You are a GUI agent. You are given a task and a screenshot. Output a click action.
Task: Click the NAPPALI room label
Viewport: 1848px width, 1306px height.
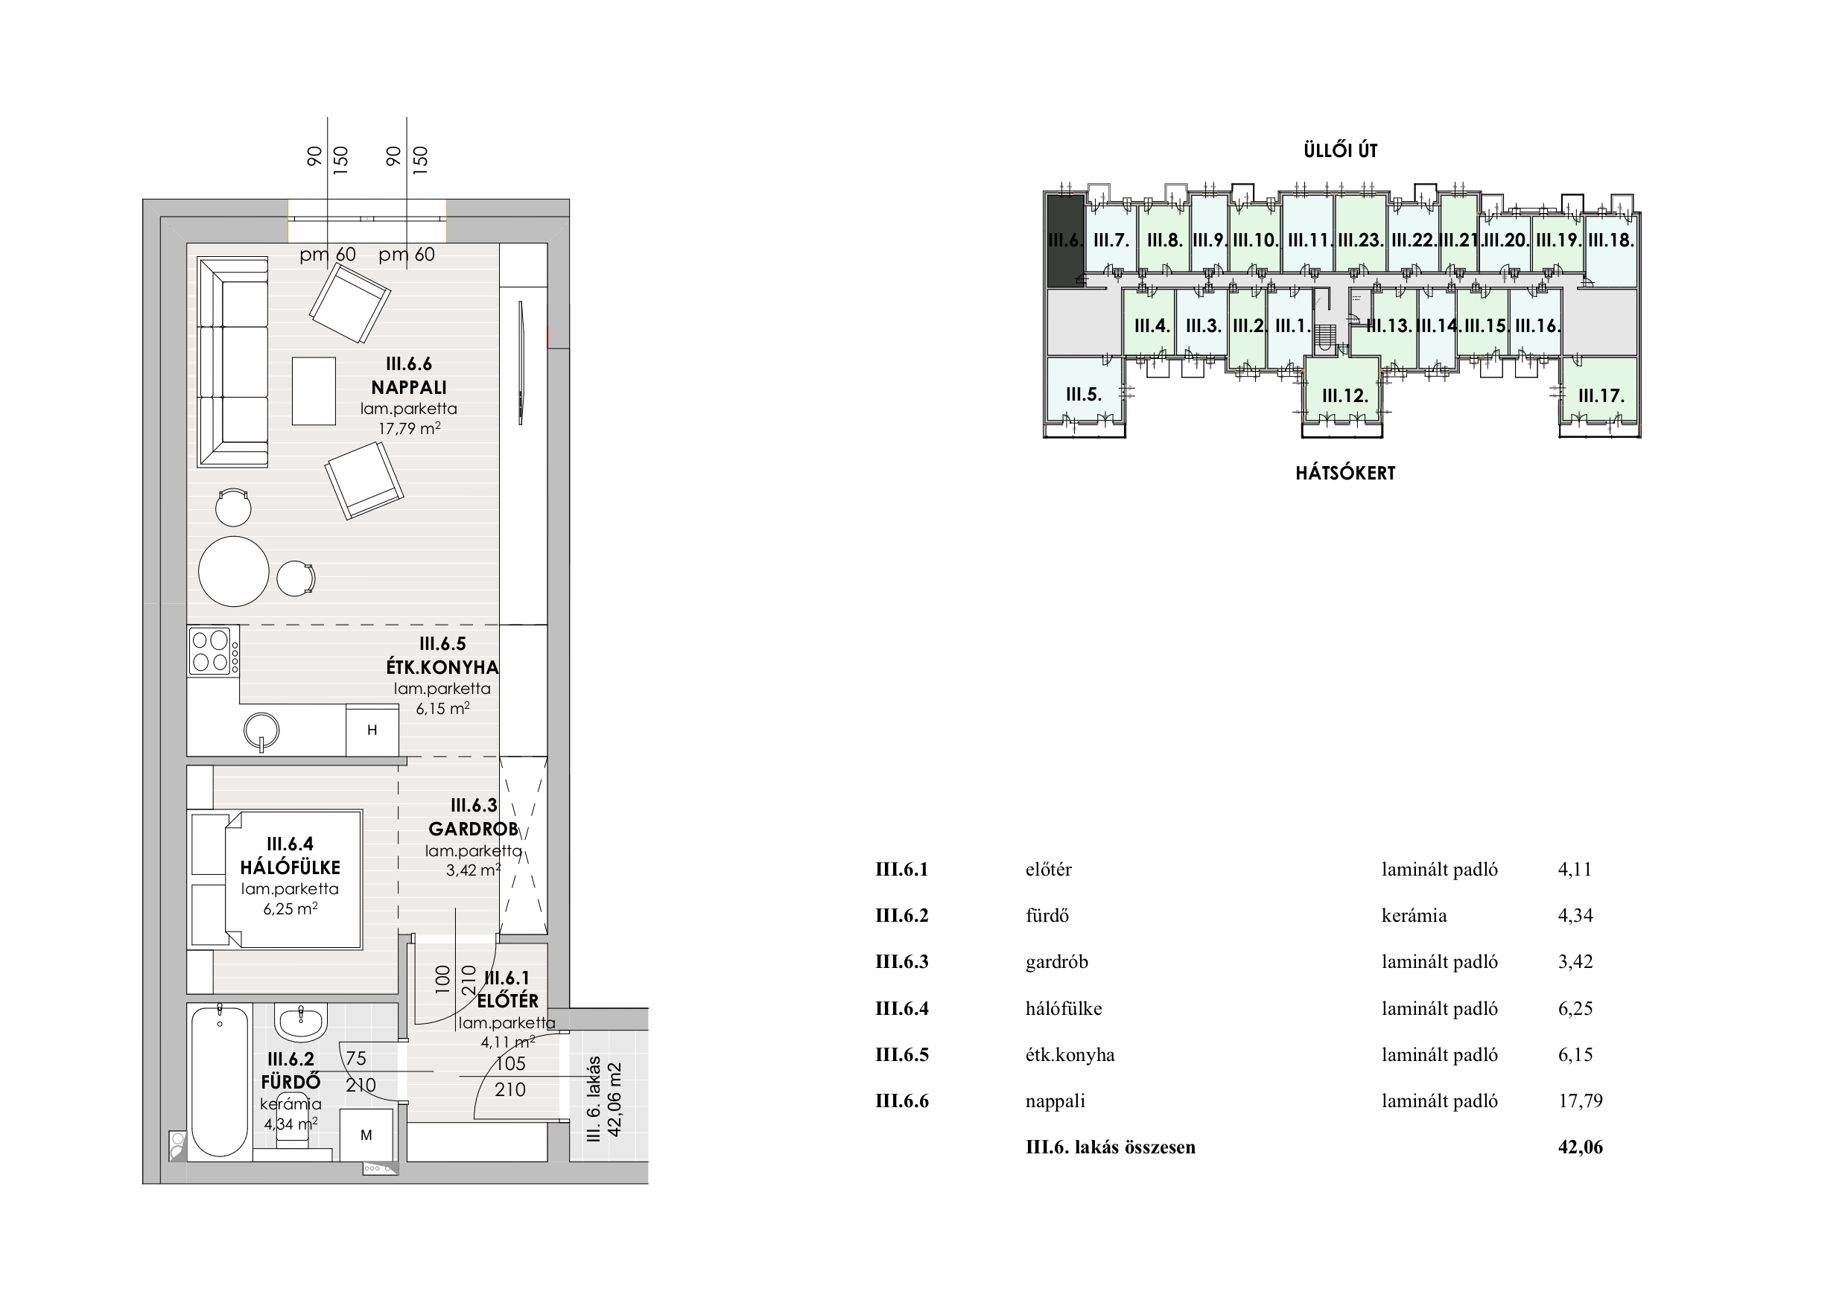(409, 387)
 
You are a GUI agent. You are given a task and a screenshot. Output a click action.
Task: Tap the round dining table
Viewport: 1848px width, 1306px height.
(233, 571)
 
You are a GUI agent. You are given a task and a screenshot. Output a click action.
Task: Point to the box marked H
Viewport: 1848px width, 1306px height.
(372, 730)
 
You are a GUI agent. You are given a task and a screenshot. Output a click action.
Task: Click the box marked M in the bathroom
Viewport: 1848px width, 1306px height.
(366, 1135)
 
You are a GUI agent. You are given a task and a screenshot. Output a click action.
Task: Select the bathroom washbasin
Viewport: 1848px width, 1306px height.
(301, 1022)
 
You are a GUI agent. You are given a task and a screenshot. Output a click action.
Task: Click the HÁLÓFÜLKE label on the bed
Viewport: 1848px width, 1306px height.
(290, 867)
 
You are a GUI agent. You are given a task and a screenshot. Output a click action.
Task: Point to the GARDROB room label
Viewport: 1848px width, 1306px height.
(473, 829)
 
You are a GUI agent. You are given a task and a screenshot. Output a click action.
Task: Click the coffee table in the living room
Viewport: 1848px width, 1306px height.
(314, 391)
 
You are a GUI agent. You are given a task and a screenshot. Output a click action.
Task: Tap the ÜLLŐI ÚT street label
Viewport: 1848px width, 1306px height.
(1340, 150)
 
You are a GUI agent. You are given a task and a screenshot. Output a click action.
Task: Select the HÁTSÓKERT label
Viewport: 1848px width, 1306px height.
(1345, 473)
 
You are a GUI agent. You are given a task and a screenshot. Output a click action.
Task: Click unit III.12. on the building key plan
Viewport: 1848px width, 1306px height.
(1345, 396)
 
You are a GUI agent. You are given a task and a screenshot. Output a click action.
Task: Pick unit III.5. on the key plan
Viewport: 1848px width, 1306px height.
(1083, 395)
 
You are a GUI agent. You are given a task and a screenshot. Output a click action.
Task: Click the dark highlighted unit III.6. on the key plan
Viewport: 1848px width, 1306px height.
(1065, 241)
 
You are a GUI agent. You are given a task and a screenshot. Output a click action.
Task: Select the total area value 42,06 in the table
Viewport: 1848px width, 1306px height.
(1580, 1147)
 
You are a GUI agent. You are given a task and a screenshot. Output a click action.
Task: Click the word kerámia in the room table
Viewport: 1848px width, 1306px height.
(1414, 916)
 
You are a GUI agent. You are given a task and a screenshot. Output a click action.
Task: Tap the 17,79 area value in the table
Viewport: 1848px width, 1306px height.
(1580, 1100)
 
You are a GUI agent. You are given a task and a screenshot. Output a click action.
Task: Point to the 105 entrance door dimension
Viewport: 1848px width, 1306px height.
(510, 1063)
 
